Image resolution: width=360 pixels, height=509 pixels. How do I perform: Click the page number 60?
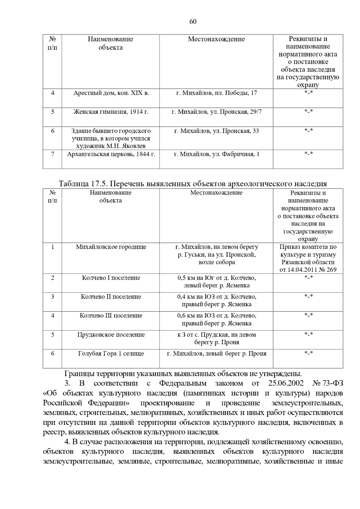coord(193,22)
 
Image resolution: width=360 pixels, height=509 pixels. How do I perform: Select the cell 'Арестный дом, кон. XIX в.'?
coord(111,93)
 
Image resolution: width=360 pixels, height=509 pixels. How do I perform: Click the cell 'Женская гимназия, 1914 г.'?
coord(111,112)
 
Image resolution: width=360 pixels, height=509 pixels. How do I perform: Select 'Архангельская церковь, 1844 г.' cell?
coord(111,154)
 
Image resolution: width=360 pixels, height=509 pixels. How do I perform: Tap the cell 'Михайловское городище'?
coord(111,247)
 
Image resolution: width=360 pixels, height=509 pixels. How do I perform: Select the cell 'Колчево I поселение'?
coord(111,278)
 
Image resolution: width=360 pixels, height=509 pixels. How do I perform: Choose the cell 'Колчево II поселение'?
coord(111,297)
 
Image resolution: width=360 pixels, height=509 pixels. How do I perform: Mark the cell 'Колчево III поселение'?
coord(111,316)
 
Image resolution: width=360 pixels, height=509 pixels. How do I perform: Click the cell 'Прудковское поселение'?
coord(111,335)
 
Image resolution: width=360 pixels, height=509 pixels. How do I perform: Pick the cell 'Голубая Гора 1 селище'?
coord(111,354)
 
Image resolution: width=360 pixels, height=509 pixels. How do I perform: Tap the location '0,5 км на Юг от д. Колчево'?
coord(216,278)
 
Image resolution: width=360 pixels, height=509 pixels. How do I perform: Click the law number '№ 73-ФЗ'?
coord(328,383)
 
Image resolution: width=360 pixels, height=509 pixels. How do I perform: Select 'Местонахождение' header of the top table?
coord(216,39)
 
